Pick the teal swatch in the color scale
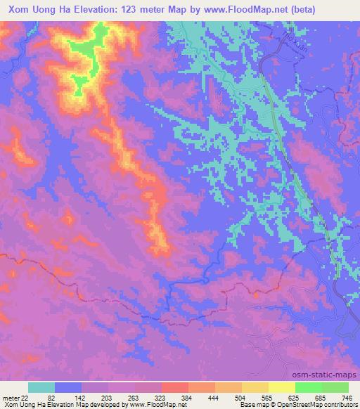[41, 387]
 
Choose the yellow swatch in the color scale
[281, 387]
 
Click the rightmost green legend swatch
[335, 387]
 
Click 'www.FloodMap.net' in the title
[234, 10]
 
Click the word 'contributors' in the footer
[335, 404]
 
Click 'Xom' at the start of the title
[21, 10]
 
